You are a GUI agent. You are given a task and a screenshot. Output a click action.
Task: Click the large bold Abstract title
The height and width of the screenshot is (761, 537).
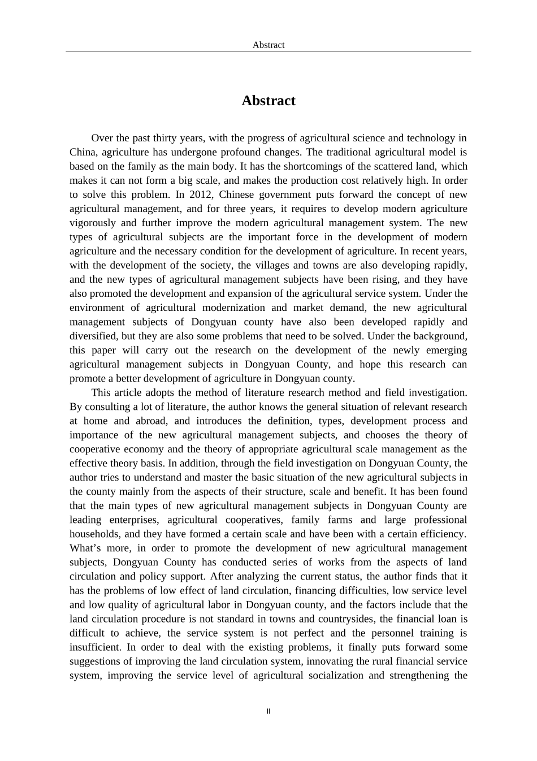tap(268, 101)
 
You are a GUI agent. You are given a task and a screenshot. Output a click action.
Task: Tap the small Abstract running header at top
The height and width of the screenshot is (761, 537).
tap(268, 45)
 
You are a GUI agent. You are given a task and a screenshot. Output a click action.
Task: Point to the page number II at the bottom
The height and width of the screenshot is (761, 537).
tap(268, 711)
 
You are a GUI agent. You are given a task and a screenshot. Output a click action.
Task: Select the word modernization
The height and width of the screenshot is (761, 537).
tap(233, 308)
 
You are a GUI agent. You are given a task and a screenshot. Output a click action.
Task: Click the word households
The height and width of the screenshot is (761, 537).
tap(95, 534)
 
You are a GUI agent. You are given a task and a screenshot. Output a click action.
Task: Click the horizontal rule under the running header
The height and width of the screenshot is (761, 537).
tap(268, 51)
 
